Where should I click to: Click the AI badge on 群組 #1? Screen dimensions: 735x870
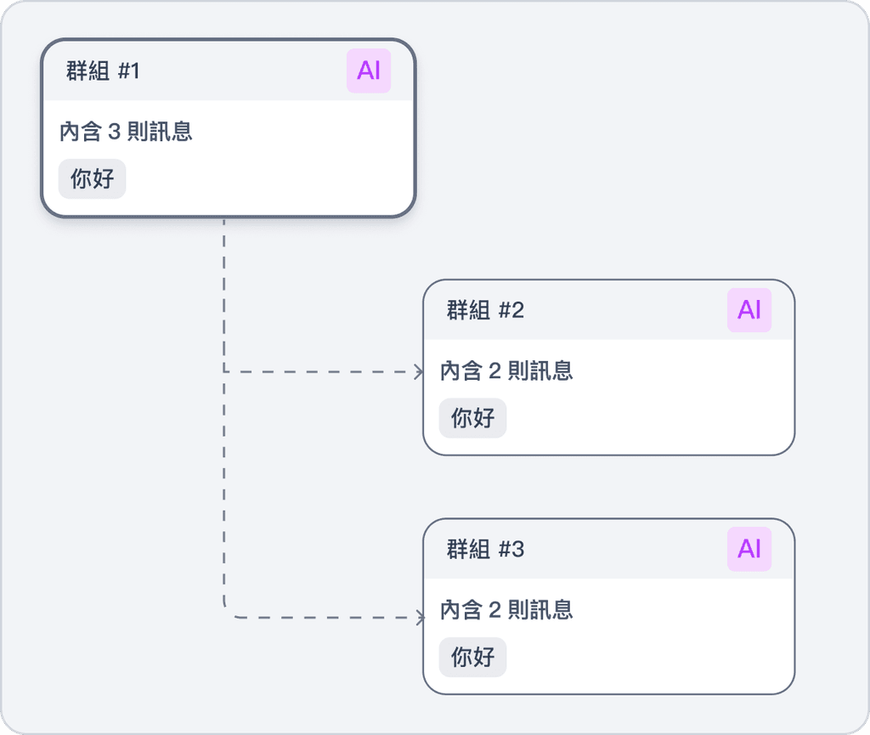tap(369, 71)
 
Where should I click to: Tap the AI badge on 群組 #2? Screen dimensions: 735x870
tap(749, 310)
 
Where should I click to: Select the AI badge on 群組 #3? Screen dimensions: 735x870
tap(749, 549)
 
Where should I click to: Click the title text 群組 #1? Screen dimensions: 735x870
tap(103, 71)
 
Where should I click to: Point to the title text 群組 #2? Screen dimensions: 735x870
tap(485, 310)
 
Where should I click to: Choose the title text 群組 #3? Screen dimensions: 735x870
tap(485, 550)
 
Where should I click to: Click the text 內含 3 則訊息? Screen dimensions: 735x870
tap(126, 132)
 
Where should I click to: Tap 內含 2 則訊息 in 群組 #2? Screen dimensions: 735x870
tap(506, 370)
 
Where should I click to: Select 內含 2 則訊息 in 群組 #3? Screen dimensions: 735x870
tap(506, 609)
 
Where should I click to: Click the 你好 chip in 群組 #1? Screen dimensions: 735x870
tap(93, 179)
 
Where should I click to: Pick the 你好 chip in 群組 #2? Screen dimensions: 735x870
tap(473, 418)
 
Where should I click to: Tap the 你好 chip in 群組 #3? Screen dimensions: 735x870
tap(473, 657)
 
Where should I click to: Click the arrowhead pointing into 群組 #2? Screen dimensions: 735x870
tap(419, 371)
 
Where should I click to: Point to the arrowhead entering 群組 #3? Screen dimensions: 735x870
tap(420, 618)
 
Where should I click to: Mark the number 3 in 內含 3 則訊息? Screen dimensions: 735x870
tap(116, 132)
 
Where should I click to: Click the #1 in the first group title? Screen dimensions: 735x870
tap(128, 71)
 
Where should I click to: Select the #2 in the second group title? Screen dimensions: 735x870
tap(511, 310)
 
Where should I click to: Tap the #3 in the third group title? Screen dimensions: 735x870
tap(511, 550)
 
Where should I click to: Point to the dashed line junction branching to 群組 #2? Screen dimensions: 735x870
tap(224, 371)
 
